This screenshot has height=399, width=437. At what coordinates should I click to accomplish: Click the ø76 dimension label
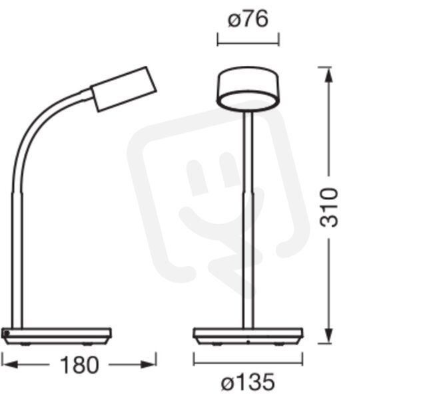[x=248, y=20]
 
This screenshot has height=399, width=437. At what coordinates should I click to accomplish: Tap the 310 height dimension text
[x=329, y=207]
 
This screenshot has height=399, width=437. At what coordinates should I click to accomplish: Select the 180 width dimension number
[x=79, y=365]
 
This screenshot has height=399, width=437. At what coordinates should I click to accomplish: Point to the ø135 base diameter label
[x=248, y=382]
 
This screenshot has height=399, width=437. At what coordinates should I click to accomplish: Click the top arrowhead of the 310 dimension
[x=329, y=75]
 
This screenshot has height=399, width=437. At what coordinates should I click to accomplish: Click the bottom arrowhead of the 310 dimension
[x=329, y=336]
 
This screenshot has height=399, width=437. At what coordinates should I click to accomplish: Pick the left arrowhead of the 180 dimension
[x=10, y=364]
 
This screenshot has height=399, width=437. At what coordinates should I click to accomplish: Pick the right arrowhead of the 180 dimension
[x=148, y=364]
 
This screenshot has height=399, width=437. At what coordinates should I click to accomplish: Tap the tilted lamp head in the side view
[x=123, y=89]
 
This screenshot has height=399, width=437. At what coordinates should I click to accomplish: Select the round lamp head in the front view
[x=248, y=88]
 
